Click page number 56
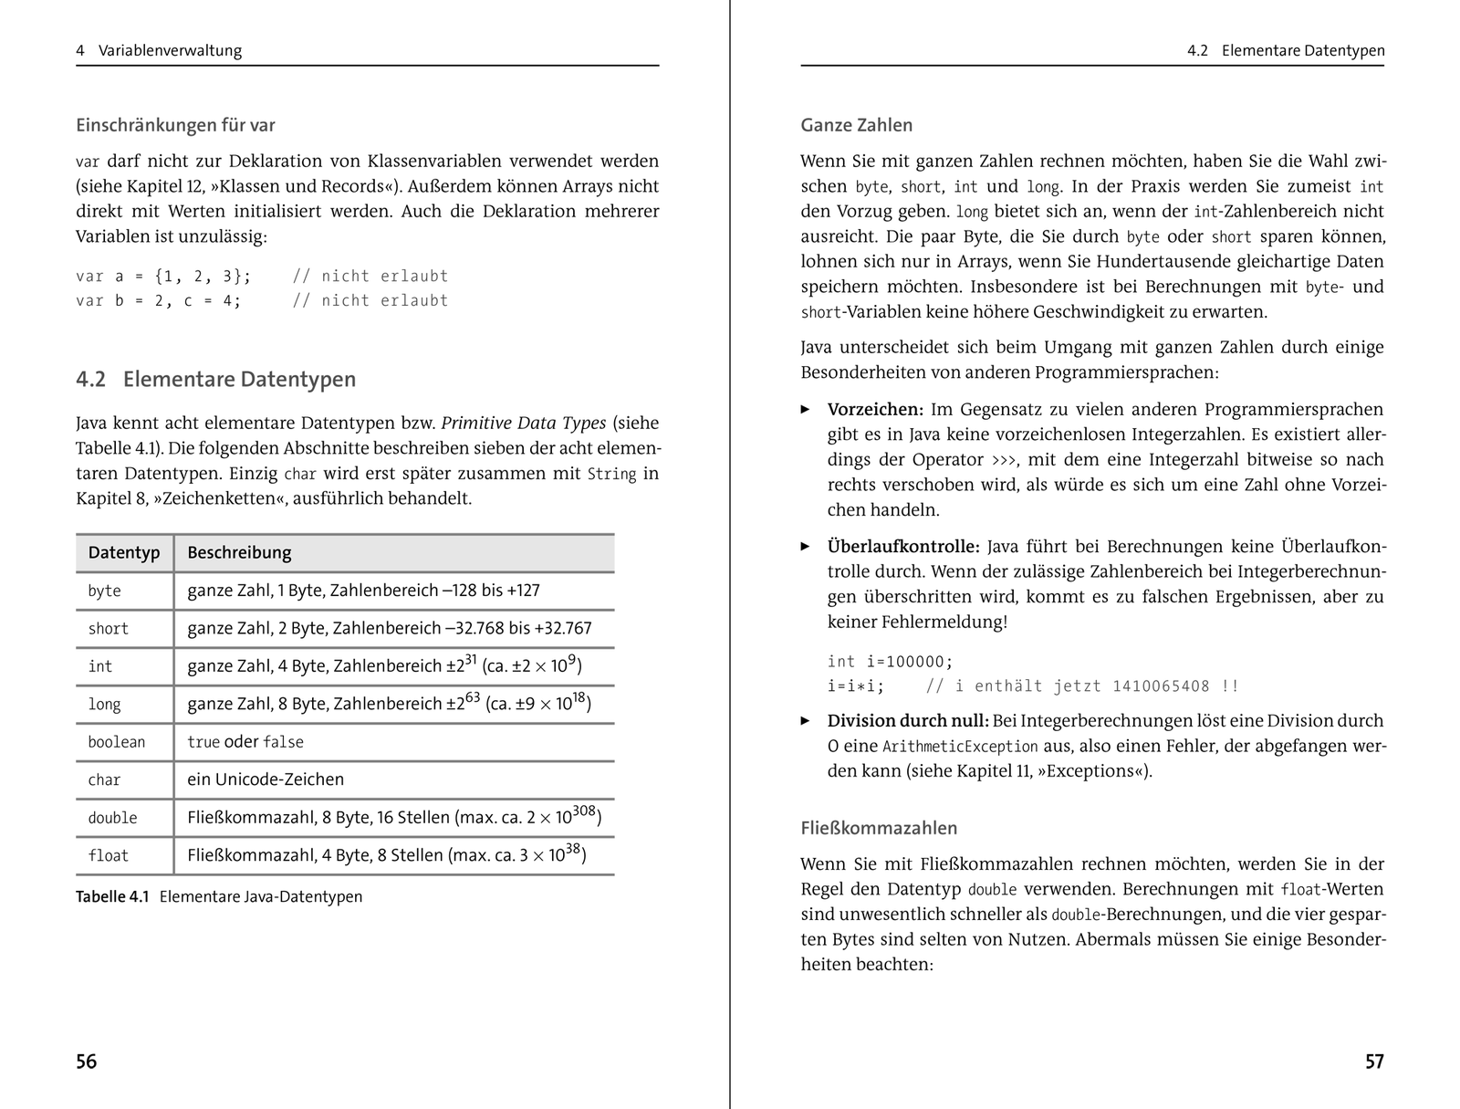pyautogui.click(x=87, y=1062)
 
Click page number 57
pyautogui.click(x=1374, y=1062)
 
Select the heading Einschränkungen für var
pyautogui.click(x=175, y=125)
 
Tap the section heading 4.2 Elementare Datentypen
pyautogui.click(x=216, y=379)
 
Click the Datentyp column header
pyautogui.click(x=123, y=552)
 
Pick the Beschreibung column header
pyautogui.click(x=239, y=552)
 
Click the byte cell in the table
pyautogui.click(x=104, y=591)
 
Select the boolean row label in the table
pyautogui.click(x=116, y=742)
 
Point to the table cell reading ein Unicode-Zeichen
pyautogui.click(x=266, y=779)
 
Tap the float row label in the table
pyautogui.click(x=108, y=855)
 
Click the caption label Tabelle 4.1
pyautogui.click(x=112, y=896)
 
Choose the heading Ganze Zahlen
pyautogui.click(x=856, y=125)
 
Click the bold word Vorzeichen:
pyautogui.click(x=875, y=409)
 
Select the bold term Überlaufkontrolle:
pyautogui.click(x=903, y=547)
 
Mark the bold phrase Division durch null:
pyautogui.click(x=908, y=720)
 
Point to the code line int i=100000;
pyautogui.click(x=890, y=662)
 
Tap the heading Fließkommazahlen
pyautogui.click(x=879, y=829)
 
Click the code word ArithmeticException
pyautogui.click(x=960, y=747)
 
